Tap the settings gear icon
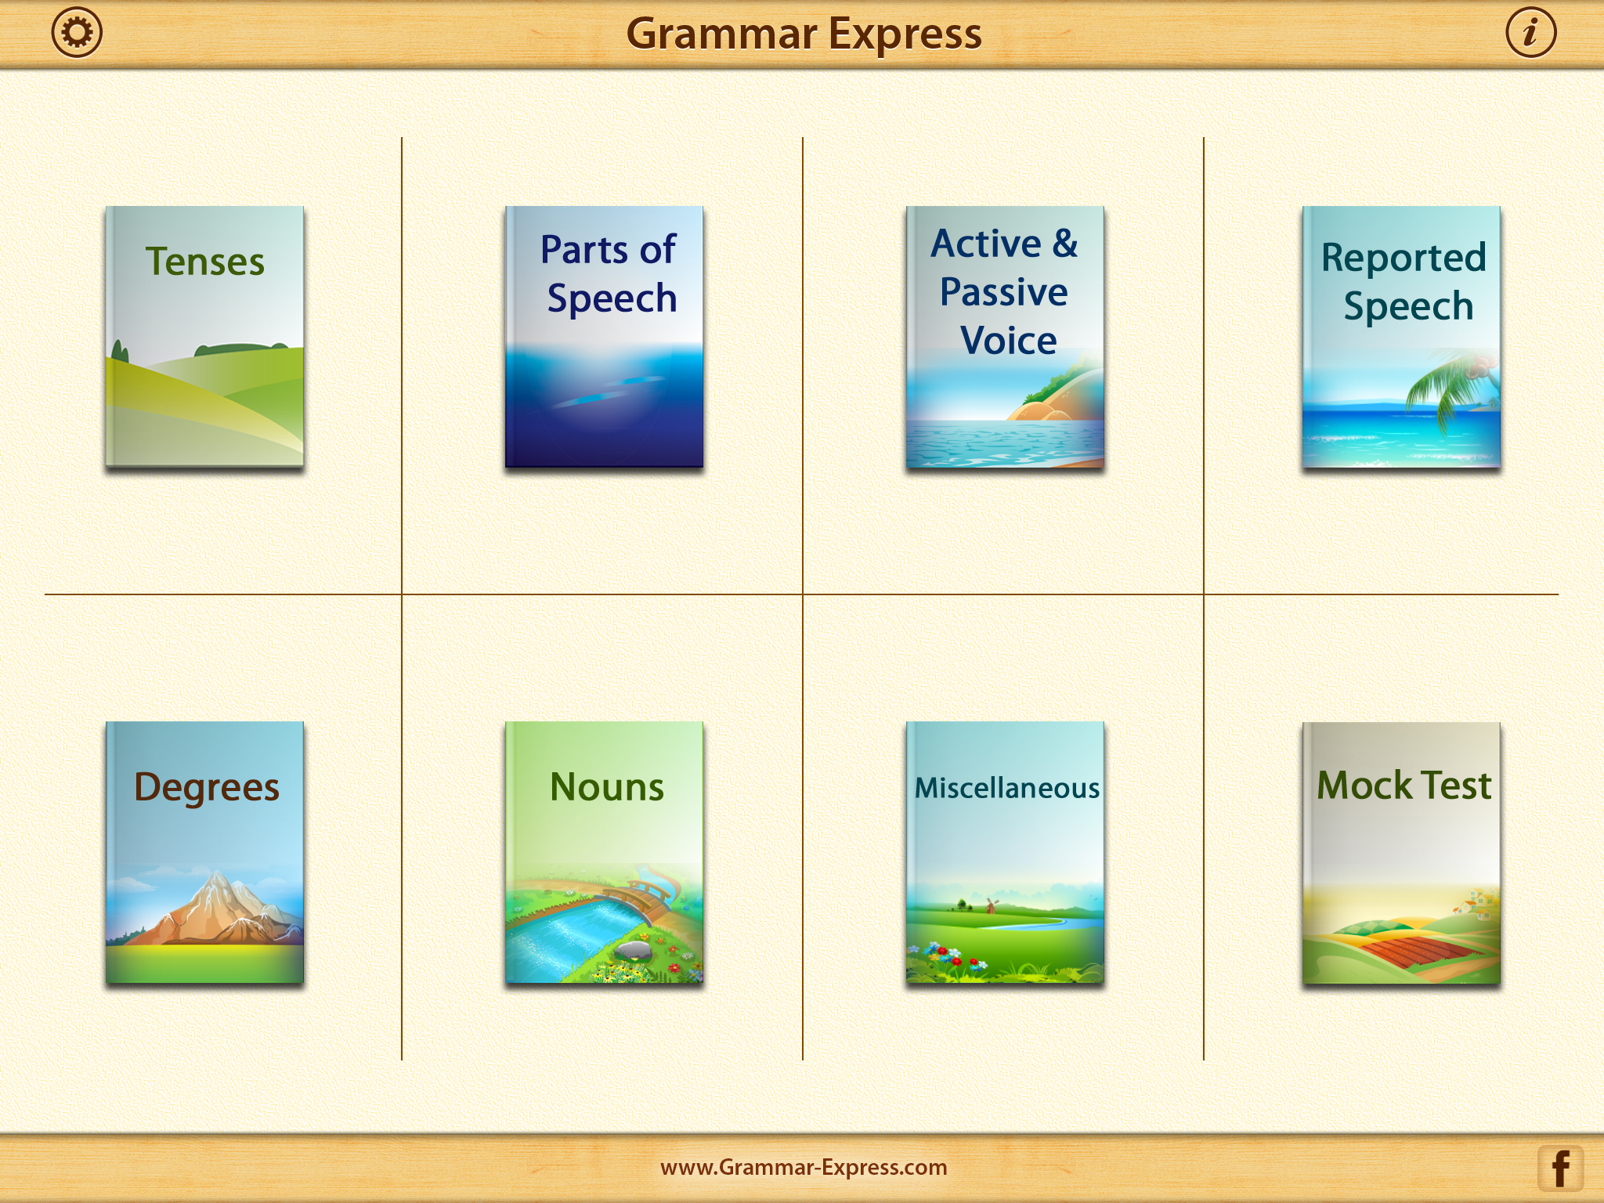[77, 33]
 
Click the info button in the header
[1530, 33]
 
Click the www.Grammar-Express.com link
[804, 1167]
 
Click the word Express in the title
[905, 35]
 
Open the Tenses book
[204, 337]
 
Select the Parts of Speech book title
[610, 273]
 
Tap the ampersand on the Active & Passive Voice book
[1065, 243]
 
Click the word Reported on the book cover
[1403, 258]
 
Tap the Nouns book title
[607, 786]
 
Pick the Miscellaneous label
[1007, 787]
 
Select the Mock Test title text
[1403, 785]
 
